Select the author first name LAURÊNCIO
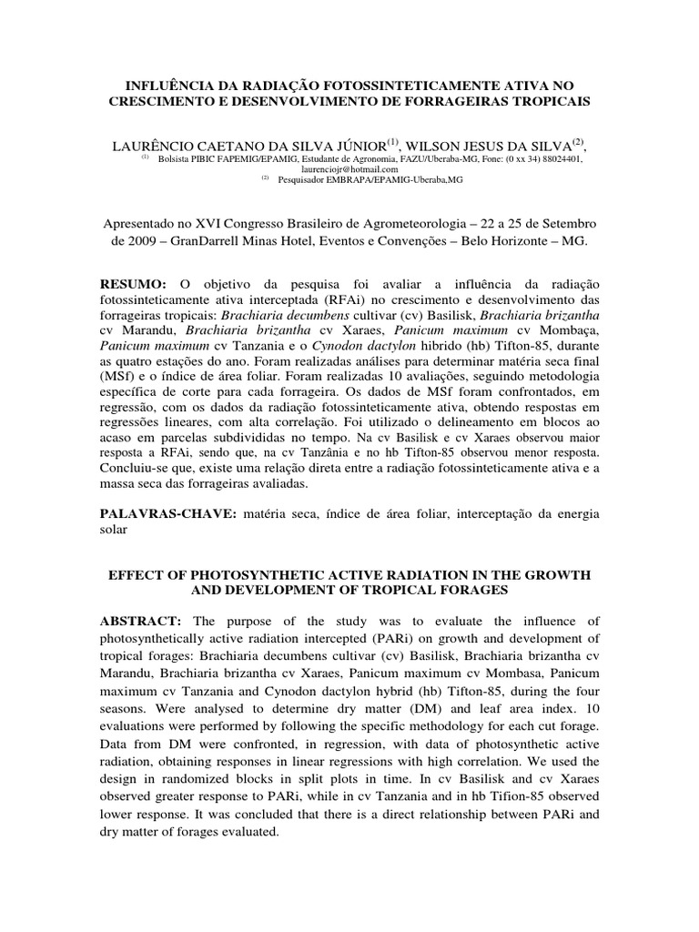(159, 145)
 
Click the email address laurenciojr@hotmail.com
(349, 168)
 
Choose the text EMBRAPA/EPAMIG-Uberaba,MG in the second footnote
(372, 178)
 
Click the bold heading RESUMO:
(141, 284)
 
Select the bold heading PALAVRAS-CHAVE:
(168, 514)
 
